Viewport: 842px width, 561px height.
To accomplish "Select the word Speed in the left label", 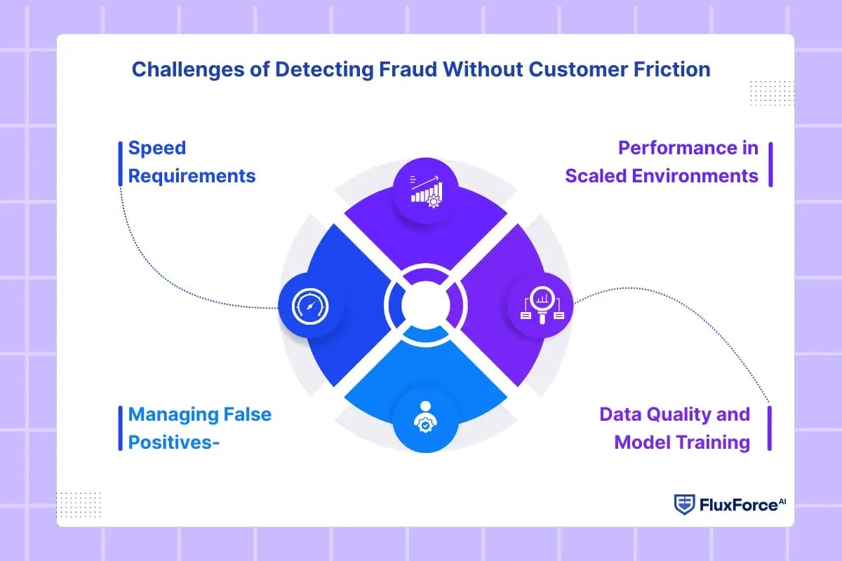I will (x=156, y=148).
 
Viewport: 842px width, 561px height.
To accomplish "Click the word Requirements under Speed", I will (x=192, y=175).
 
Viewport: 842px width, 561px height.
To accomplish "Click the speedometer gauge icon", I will (x=311, y=306).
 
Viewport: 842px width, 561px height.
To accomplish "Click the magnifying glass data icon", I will (x=541, y=306).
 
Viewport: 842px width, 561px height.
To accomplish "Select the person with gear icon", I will (x=425, y=419).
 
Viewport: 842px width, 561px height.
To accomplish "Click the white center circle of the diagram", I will (x=425, y=304).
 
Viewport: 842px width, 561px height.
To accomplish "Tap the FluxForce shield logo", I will (x=684, y=504).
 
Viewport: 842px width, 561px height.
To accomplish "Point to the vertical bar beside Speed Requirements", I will (x=120, y=163).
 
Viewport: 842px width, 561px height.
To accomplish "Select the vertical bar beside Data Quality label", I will (x=770, y=428).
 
